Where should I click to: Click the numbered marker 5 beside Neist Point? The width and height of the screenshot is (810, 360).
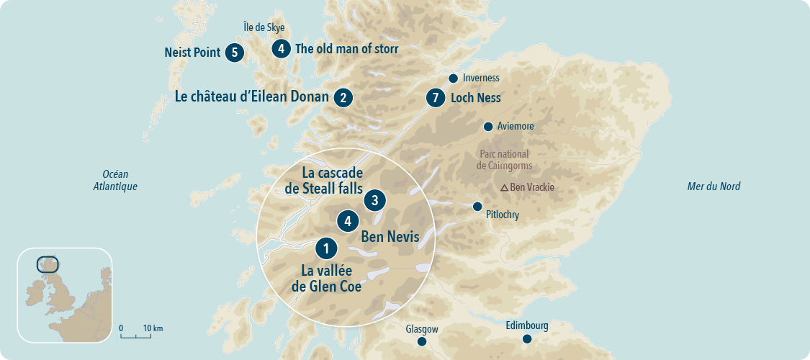(234, 53)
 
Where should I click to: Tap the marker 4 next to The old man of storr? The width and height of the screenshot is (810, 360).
(281, 49)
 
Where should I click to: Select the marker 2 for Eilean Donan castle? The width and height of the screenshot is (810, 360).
(343, 97)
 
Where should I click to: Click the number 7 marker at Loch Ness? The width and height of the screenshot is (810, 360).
(434, 97)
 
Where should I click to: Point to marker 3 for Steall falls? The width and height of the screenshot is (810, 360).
(374, 200)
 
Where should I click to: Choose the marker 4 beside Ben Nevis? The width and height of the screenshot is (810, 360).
(348, 221)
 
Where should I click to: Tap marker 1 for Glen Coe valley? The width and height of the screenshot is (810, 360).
(326, 248)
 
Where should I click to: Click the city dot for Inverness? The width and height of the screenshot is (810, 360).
(453, 78)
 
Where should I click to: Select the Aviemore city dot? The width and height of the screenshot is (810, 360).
(488, 127)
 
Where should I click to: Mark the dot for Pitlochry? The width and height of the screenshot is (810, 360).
(477, 207)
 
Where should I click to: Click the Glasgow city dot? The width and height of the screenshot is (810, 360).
(422, 341)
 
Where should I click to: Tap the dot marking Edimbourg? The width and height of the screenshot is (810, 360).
(527, 339)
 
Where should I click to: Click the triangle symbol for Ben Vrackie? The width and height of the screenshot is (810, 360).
(505, 188)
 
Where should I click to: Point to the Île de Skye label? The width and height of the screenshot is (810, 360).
(264, 28)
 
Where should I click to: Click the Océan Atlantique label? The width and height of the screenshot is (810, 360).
(114, 180)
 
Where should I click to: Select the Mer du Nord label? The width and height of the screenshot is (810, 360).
(714, 186)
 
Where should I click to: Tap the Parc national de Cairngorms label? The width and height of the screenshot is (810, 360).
(504, 160)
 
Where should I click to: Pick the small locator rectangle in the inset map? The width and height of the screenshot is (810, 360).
(48, 264)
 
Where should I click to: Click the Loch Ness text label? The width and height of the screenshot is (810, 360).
(475, 98)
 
